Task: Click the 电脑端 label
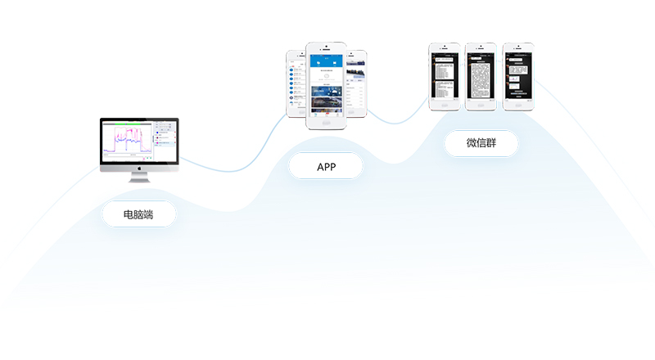138,215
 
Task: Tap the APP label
326,167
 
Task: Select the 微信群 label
481,144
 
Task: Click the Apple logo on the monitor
139,166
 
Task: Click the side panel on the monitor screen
164,139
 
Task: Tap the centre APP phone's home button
326,122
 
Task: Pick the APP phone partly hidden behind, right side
356,82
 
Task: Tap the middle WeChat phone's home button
481,105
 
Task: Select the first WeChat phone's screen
445,75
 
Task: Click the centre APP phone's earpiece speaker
326,48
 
